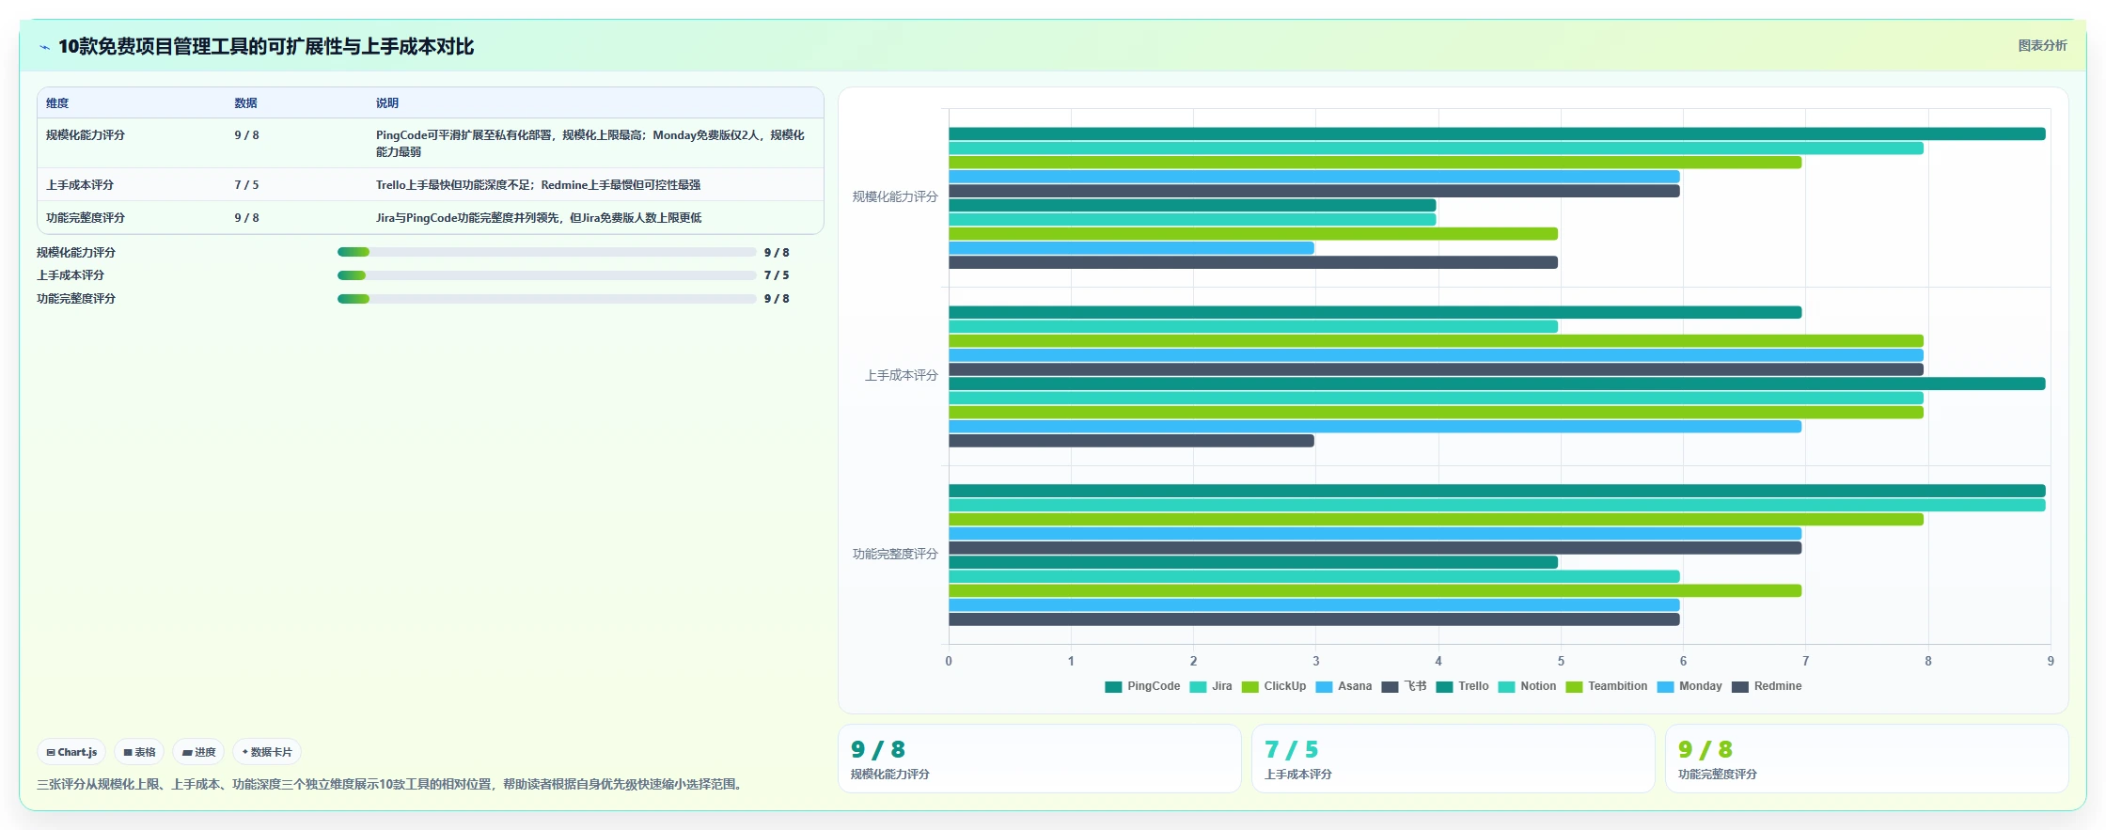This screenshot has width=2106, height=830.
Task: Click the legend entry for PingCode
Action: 1142,686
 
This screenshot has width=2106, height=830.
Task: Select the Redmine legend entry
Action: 1767,686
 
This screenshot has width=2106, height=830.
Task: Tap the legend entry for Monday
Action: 1690,686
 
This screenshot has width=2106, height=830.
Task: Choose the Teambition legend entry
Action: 1607,686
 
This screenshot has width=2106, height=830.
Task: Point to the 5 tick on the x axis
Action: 1561,661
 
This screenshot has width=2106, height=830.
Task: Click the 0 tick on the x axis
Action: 949,661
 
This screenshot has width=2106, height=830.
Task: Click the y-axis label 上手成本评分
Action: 901,375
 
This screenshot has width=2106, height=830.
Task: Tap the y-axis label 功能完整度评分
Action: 895,554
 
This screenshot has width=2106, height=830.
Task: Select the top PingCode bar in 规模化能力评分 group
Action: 1497,133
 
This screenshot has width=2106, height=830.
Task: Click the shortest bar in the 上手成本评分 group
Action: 1131,441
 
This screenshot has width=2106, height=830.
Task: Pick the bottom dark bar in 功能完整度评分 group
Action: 1314,619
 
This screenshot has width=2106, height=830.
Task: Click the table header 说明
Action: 387,103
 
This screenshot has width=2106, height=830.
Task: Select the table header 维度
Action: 57,103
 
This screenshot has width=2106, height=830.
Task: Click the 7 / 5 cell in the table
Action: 246,185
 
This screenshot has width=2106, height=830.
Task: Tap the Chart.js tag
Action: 71,752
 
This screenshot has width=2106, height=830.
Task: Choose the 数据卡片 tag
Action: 267,752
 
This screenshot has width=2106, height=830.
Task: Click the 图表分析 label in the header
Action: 2042,45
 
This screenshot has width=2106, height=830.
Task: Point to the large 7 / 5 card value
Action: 1291,749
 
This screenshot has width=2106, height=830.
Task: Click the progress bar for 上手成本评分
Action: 546,275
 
